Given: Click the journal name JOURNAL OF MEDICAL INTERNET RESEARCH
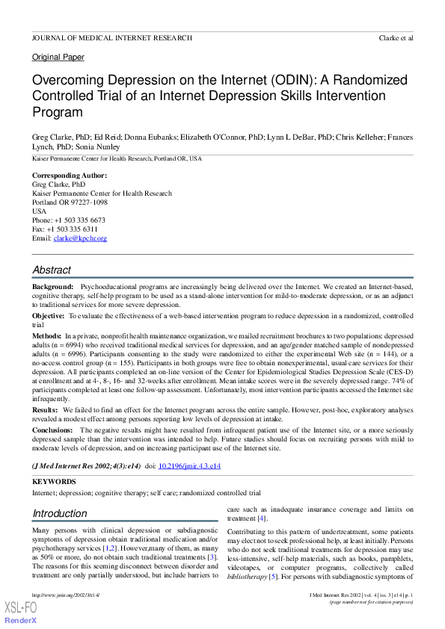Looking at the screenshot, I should click(x=111, y=37).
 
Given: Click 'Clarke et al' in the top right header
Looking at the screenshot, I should click(x=396, y=37).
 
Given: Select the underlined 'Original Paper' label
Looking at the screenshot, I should click(x=58, y=58).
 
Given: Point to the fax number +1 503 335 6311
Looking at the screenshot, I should click(x=76, y=229).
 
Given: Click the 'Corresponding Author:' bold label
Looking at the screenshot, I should click(x=70, y=176).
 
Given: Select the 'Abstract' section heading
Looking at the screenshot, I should click(x=52, y=270).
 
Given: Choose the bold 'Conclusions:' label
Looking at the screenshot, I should click(x=53, y=430).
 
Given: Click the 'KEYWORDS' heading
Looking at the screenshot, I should click(x=54, y=483).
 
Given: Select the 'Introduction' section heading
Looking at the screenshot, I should click(x=60, y=513).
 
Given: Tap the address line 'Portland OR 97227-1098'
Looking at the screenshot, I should click(x=70, y=202).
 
